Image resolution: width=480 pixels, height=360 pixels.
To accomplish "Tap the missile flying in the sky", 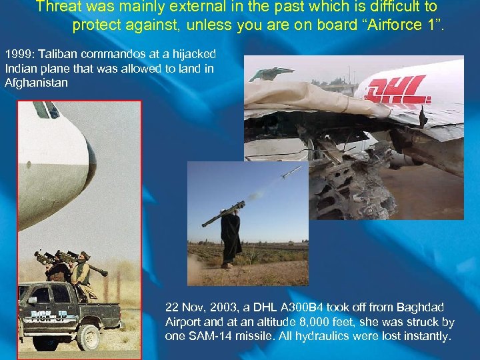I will coord(291,173).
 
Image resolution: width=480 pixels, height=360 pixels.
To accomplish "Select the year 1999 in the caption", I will coord(17,53).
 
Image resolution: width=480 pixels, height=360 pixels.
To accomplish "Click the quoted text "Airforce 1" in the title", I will coord(400,25).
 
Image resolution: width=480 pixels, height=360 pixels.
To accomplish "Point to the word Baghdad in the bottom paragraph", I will coord(420,307).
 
